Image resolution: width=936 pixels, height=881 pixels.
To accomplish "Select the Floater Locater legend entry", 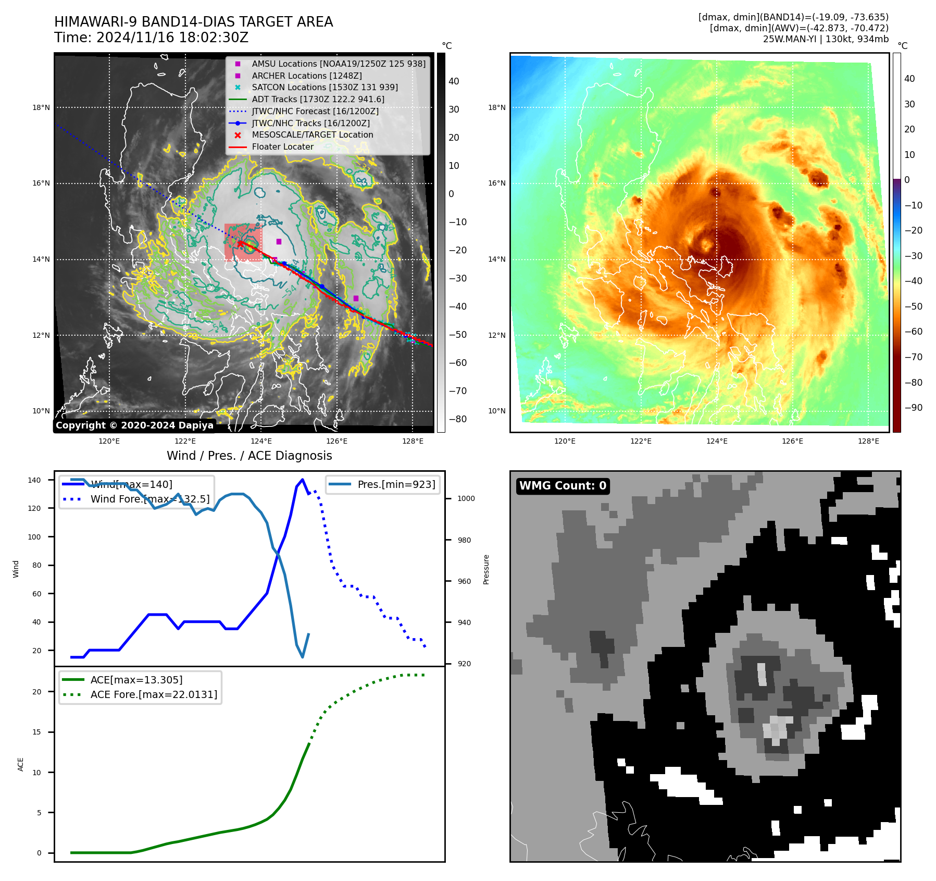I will pyautogui.click(x=282, y=147).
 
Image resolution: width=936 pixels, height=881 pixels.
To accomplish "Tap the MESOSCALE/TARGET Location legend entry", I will pyautogui.click(x=313, y=135).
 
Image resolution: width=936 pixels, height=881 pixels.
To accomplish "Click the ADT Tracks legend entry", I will pyautogui.click(x=318, y=99).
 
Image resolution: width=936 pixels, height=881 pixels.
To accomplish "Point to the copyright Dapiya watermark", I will pyautogui.click(x=134, y=425).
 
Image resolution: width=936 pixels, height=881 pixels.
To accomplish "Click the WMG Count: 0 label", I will pyautogui.click(x=563, y=486).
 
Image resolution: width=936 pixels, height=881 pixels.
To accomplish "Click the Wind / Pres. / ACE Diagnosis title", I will pyautogui.click(x=249, y=456).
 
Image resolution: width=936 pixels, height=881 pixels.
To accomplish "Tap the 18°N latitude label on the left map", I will pyautogui.click(x=41, y=108).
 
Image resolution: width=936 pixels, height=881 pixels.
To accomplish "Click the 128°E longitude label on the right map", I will pyautogui.click(x=868, y=442).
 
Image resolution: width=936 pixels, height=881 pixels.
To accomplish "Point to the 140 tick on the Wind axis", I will pyautogui.click(x=34, y=480).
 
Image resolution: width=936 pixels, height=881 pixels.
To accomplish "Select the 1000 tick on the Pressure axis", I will pyautogui.click(x=466, y=498).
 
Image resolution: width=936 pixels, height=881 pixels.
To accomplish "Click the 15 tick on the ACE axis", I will pyautogui.click(x=37, y=732).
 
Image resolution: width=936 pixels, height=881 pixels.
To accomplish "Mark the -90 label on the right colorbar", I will pyautogui.click(x=913, y=408).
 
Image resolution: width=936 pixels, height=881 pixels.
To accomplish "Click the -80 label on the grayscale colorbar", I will pyautogui.click(x=458, y=419).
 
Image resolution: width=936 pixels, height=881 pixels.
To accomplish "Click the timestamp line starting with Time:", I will pyautogui.click(x=151, y=38).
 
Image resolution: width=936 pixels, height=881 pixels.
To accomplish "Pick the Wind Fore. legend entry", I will pyautogui.click(x=150, y=499).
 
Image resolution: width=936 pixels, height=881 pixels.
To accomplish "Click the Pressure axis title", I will pyautogui.click(x=486, y=569).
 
